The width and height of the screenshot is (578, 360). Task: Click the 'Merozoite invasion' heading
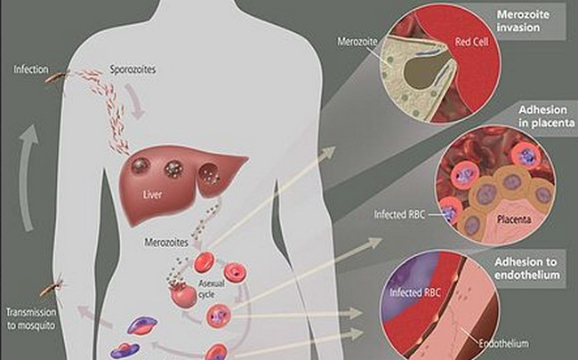click(527, 19)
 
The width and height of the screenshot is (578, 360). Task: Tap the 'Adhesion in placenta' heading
click(533, 114)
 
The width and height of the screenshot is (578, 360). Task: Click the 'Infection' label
click(31, 68)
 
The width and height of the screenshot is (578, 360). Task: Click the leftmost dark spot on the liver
click(140, 164)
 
